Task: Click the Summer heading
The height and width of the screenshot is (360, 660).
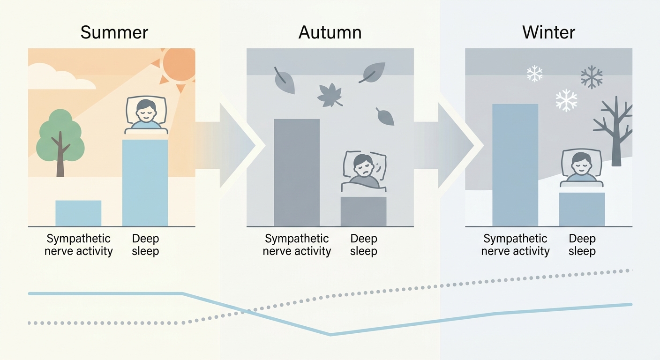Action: click(x=114, y=32)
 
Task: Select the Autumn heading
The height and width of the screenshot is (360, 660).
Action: click(x=330, y=32)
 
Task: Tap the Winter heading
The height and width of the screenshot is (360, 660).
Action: click(x=548, y=32)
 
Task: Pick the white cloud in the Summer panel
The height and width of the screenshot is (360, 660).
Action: click(x=59, y=77)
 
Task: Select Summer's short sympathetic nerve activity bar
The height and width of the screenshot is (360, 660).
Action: click(x=78, y=213)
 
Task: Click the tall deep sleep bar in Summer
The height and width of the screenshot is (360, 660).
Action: click(x=145, y=183)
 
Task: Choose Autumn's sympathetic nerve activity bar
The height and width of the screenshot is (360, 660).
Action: click(x=297, y=172)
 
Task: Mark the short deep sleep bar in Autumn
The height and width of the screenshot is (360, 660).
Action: click(x=364, y=211)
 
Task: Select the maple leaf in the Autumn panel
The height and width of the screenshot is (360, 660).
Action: click(x=330, y=95)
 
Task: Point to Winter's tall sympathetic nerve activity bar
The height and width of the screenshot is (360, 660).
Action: click(x=515, y=165)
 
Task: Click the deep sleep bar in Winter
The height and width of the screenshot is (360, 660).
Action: click(x=582, y=210)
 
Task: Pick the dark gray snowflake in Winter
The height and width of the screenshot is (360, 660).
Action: click(x=592, y=77)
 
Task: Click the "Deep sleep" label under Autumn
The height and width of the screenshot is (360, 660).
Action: click(x=364, y=245)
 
